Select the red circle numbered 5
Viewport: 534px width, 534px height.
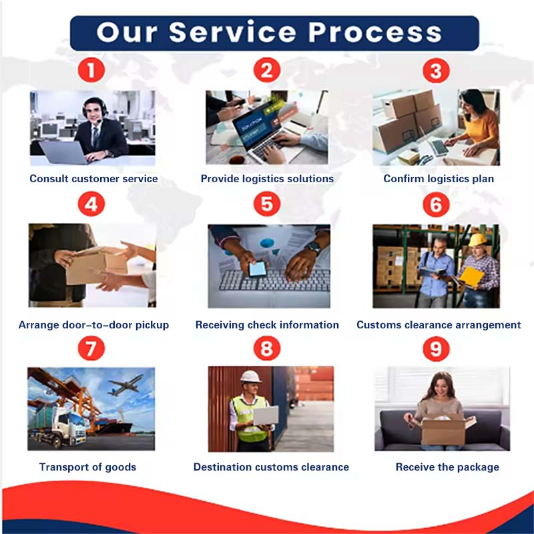[x=267, y=204]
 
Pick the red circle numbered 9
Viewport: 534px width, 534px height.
[x=436, y=348]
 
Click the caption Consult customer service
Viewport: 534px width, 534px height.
[x=93, y=179]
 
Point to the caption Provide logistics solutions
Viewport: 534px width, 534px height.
[x=267, y=179]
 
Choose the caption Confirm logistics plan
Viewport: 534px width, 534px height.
[x=439, y=179]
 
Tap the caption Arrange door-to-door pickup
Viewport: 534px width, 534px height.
[x=93, y=325]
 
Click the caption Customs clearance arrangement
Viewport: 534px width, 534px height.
[x=439, y=325]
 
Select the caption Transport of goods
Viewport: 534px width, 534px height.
[x=87, y=467]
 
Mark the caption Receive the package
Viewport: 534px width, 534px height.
[x=447, y=467]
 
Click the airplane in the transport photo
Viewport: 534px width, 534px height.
[x=125, y=384]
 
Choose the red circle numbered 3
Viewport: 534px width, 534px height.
[x=436, y=70]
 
